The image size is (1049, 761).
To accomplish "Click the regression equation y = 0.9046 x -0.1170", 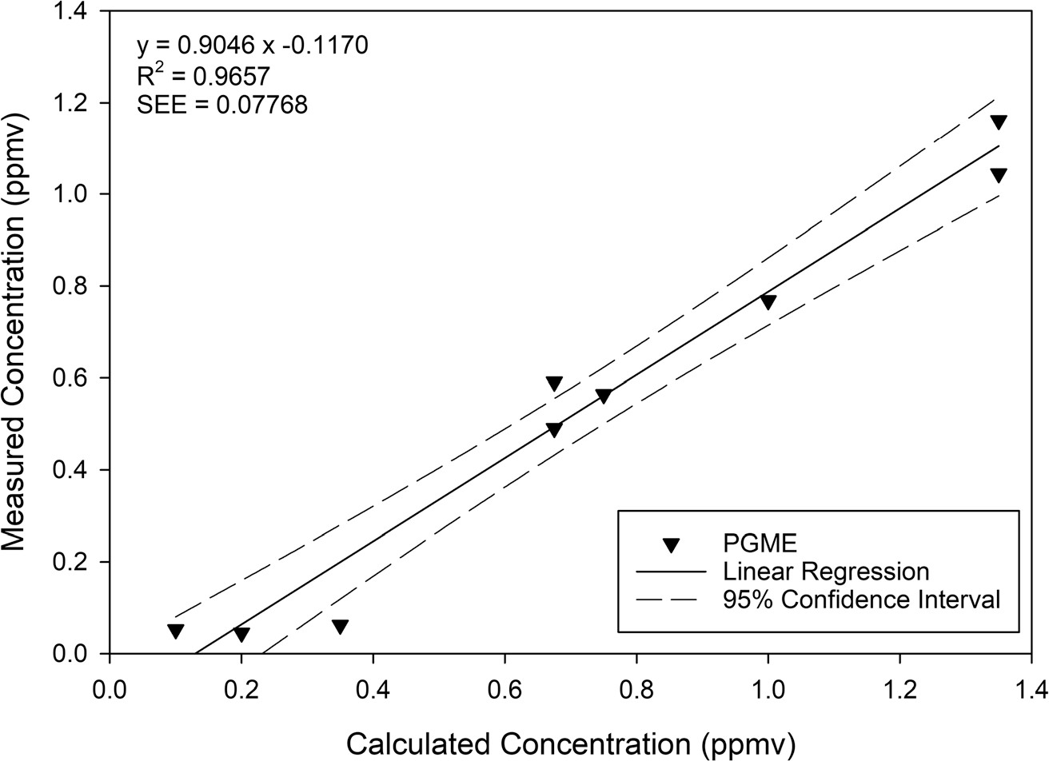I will tap(252, 46).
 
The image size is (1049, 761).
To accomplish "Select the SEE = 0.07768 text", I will tap(221, 105).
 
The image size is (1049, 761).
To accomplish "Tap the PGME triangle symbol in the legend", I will tap(672, 546).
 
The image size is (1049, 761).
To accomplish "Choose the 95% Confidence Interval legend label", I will tap(860, 599).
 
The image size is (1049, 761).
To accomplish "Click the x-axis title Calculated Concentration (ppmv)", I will tap(570, 743).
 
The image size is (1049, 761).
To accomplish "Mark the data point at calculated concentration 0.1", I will tap(176, 631).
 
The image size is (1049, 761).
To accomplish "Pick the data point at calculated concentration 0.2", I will tap(241, 635).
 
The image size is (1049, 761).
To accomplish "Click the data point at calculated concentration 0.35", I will tap(340, 627).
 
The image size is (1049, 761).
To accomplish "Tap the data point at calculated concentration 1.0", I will tap(768, 301).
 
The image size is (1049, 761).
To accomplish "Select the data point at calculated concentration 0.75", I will tap(604, 396).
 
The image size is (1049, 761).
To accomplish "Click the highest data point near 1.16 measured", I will tap(999, 122).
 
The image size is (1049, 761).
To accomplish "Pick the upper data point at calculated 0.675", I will tap(554, 383).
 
